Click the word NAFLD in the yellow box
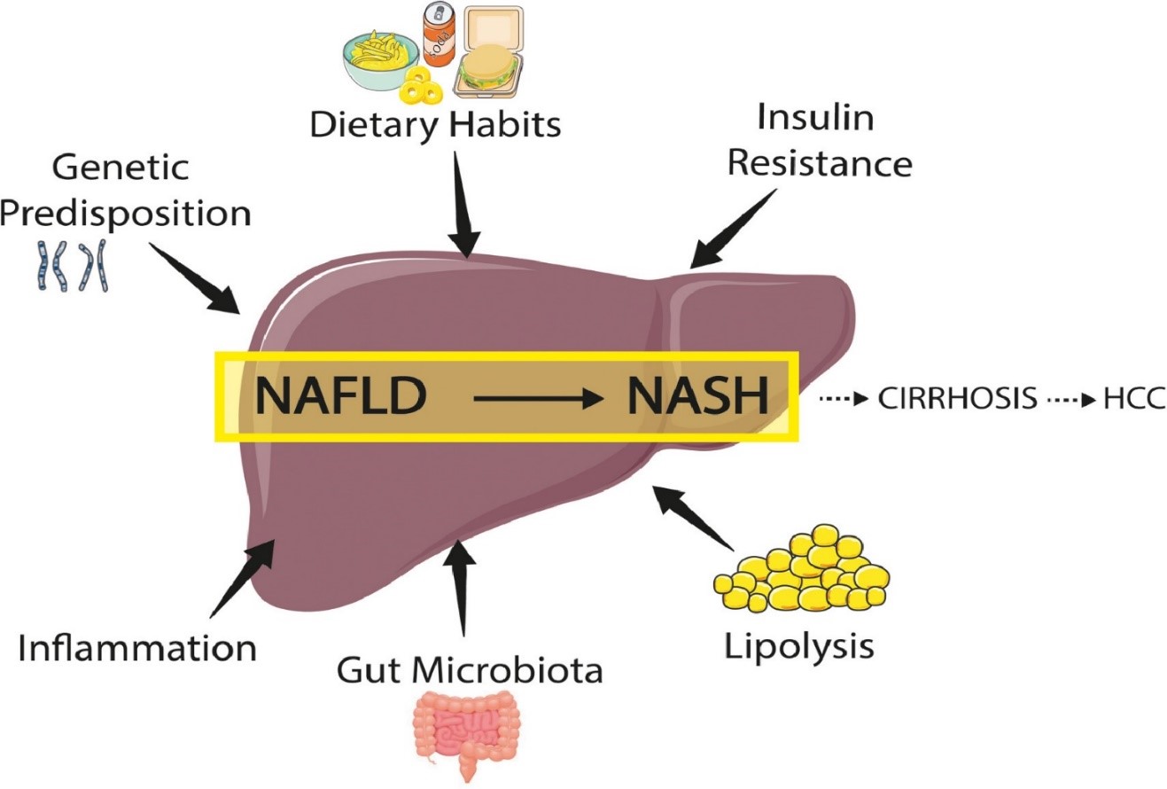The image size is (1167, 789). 336,396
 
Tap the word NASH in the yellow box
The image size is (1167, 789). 696,396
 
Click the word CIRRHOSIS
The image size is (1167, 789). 957,398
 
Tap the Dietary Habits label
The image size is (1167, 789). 436,124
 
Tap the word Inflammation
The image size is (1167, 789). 137,647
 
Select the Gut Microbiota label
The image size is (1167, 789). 469,668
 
